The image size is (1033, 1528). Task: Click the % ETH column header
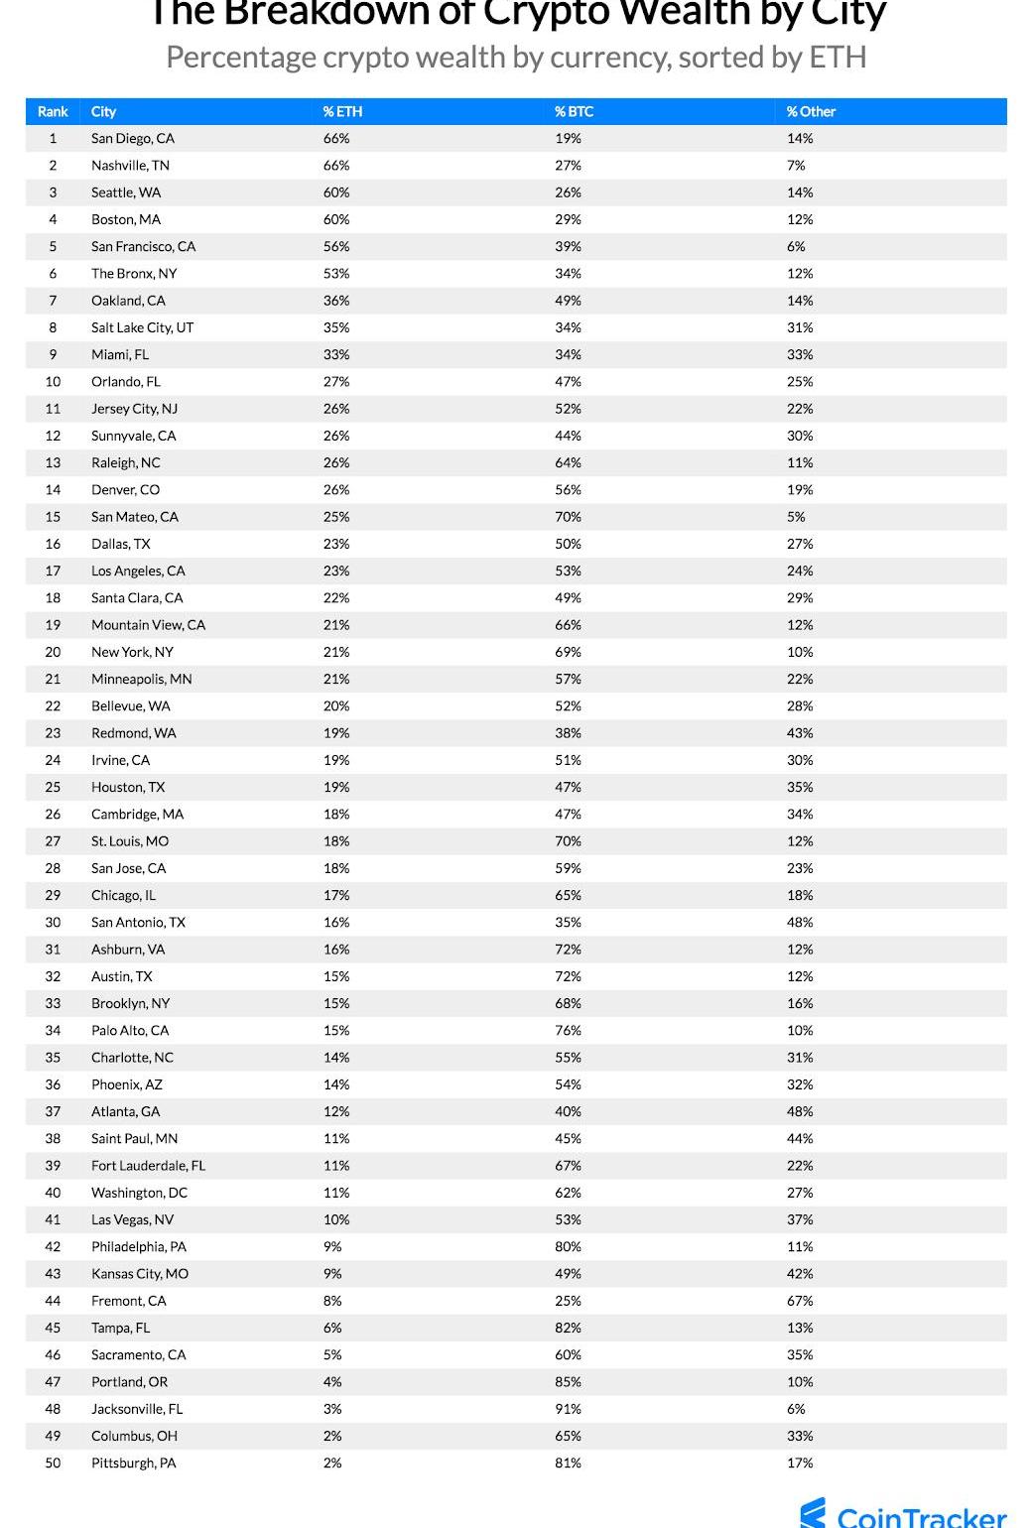click(342, 111)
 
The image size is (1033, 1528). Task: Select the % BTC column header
click(574, 111)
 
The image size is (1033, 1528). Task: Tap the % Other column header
click(811, 111)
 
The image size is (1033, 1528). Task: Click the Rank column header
click(53, 111)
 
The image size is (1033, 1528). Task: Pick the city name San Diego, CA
click(133, 139)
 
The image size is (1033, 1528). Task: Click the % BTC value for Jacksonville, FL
click(568, 1409)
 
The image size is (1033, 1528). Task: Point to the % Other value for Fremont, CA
click(800, 1301)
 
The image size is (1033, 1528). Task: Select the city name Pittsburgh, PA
click(133, 1463)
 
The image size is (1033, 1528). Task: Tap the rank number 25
click(53, 787)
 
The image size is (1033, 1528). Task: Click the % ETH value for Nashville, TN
click(336, 166)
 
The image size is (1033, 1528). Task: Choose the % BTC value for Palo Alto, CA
click(568, 1030)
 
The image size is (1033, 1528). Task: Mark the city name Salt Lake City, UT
click(142, 327)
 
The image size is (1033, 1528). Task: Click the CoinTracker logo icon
click(814, 1514)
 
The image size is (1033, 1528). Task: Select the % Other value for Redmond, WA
click(800, 733)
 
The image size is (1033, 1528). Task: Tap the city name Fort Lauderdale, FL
click(148, 1166)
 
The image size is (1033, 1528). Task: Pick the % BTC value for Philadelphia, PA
click(568, 1247)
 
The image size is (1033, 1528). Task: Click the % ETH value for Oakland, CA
click(336, 301)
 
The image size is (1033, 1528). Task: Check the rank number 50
click(53, 1463)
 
